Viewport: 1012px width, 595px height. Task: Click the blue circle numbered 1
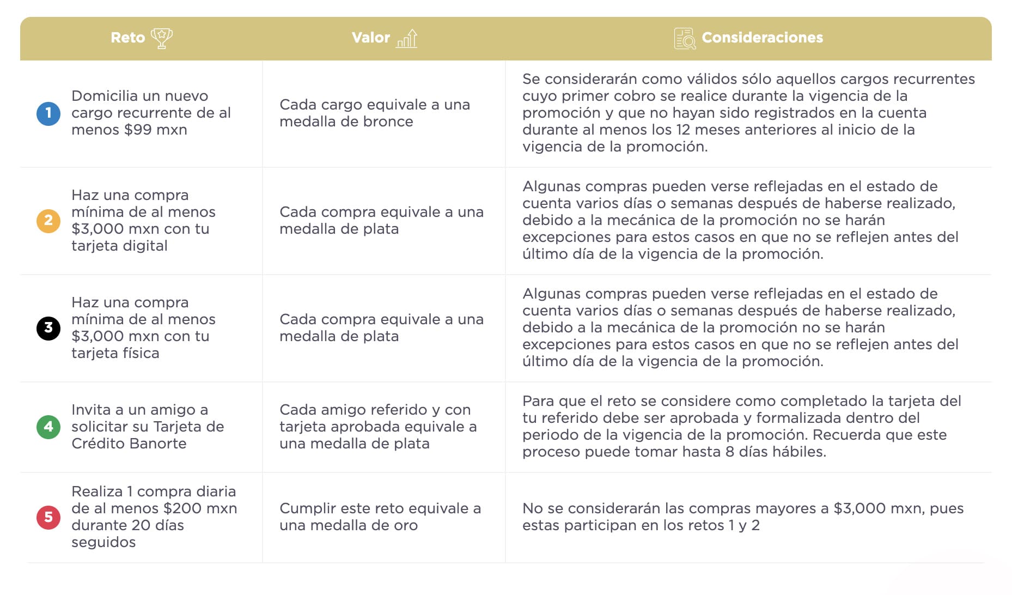tap(48, 113)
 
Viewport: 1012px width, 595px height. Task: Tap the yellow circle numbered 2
tap(48, 221)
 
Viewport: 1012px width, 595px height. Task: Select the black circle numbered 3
tap(48, 328)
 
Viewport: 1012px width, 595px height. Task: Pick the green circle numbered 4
tap(48, 427)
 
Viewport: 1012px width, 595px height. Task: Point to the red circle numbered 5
tap(48, 517)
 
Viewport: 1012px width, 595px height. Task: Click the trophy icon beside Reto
tap(161, 38)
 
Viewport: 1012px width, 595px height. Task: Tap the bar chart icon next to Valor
tap(407, 39)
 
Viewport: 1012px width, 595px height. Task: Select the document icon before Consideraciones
tap(685, 39)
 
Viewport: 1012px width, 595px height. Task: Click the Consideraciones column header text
tap(762, 38)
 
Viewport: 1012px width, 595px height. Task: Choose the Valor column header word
tap(370, 38)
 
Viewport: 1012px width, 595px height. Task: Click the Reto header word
tap(127, 38)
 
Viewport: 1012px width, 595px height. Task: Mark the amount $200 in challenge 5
tap(185, 508)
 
